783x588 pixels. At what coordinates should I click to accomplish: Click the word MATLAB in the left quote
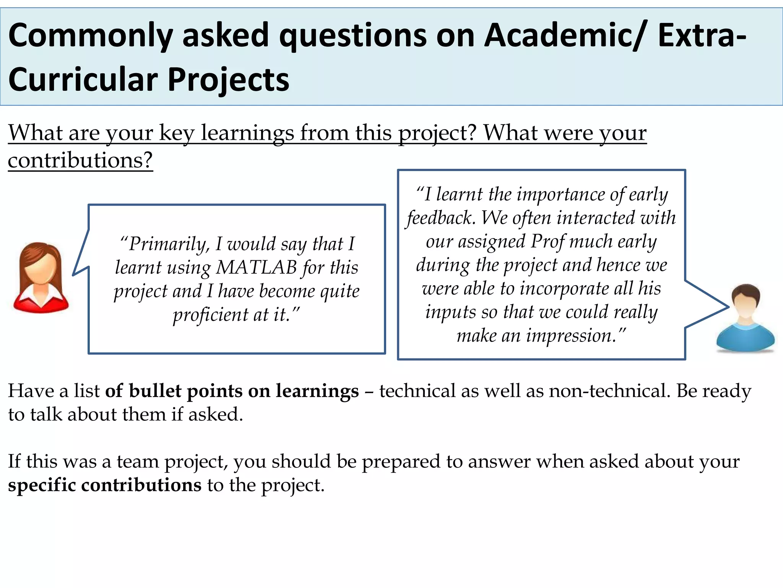pos(257,268)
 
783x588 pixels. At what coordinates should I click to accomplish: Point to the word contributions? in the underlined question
pos(80,160)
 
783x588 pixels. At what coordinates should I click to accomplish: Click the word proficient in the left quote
pos(211,315)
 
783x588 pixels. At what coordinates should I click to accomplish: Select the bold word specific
pos(42,485)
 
